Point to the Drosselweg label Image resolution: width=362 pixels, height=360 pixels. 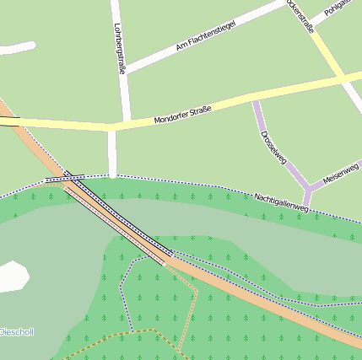(274, 146)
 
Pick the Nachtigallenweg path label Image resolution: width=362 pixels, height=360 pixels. (282, 202)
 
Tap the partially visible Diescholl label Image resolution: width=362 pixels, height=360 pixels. (16, 331)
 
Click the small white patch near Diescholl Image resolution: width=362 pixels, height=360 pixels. (12, 276)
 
